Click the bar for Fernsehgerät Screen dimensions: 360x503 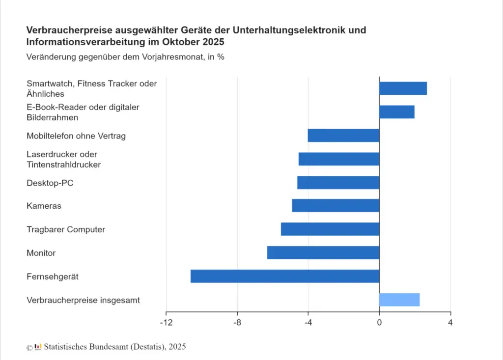[x=285, y=276]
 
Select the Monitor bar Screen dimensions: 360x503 [x=323, y=252]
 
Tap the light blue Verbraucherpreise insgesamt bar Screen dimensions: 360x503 [x=399, y=300]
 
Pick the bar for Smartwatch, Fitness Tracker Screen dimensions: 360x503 [x=403, y=88]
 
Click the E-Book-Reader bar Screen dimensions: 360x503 [x=397, y=112]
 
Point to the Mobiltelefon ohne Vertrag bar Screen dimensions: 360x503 [x=343, y=135]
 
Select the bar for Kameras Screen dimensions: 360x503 [x=335, y=205]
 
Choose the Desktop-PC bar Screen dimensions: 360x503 [x=338, y=182]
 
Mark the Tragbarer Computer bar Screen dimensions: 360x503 [x=330, y=229]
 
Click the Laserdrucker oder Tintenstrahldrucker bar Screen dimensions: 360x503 [x=339, y=159]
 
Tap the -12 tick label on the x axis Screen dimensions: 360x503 [x=166, y=323]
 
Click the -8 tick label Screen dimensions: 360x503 [x=237, y=323]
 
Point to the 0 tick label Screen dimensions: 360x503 [x=379, y=323]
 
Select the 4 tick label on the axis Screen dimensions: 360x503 [x=450, y=323]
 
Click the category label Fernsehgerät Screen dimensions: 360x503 [x=53, y=277]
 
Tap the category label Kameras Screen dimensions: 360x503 [x=44, y=206]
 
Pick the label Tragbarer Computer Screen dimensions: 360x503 [x=66, y=229]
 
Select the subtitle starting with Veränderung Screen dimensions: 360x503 [x=125, y=56]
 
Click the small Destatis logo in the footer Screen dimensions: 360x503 [x=38, y=347]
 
